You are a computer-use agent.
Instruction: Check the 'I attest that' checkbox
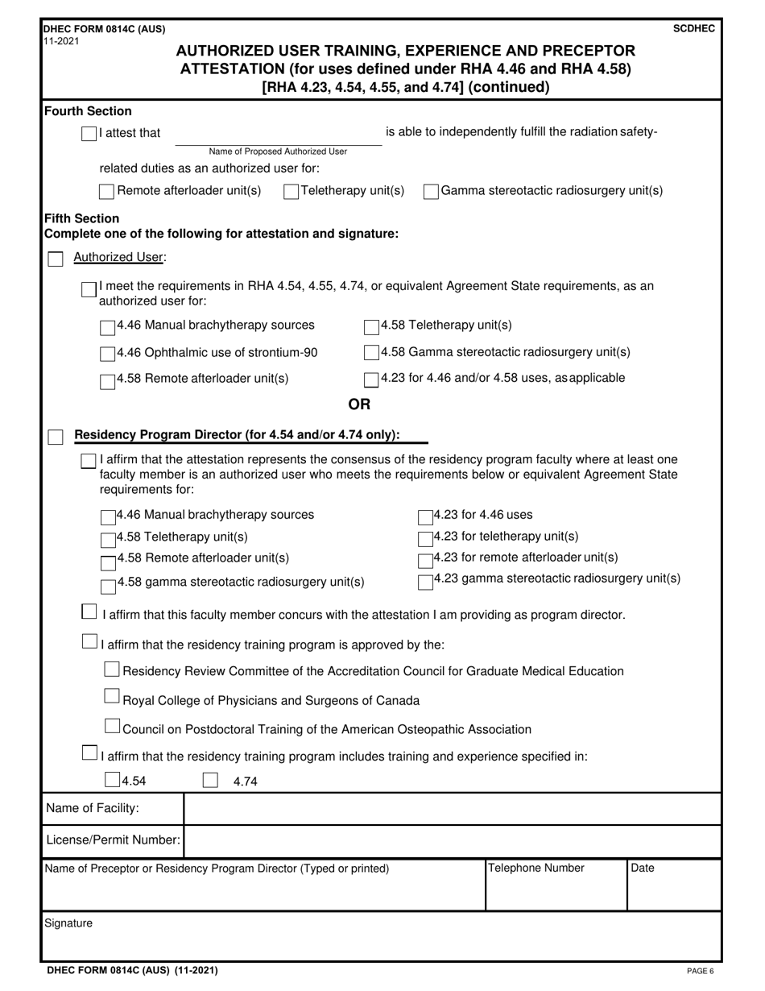coord(89,134)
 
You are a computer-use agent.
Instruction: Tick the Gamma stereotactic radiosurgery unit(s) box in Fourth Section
coord(431,192)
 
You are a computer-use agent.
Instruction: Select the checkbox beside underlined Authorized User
coord(56,259)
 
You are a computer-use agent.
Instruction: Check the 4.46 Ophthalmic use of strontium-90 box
coord(107,354)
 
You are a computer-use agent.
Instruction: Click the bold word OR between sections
coord(358,404)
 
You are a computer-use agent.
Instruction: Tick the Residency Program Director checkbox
coord(56,437)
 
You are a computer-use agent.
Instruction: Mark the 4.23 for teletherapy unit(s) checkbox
coord(425,537)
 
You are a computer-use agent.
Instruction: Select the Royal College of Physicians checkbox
coord(113,699)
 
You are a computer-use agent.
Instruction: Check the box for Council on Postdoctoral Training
coord(113,728)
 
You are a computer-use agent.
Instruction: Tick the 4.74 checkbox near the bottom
coord(210,780)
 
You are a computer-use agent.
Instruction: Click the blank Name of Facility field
coord(451,808)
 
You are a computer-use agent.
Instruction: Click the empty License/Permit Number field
coord(451,840)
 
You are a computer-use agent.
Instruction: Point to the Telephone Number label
coord(536,869)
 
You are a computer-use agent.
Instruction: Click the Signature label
coord(68,923)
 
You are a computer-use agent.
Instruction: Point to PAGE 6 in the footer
coord(700,971)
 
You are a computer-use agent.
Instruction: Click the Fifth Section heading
coord(81,218)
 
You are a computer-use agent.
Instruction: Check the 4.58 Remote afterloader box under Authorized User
coord(107,379)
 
